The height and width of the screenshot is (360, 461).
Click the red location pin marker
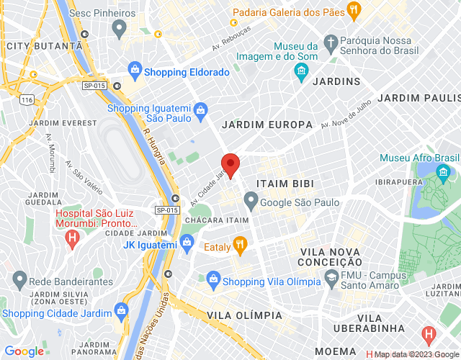[230, 165]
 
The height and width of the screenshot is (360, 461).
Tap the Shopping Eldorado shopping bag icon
[134, 71]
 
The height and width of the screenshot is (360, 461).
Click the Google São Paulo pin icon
[251, 199]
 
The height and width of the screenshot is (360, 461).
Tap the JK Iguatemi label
[150, 246]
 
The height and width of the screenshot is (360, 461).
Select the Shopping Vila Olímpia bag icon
[212, 278]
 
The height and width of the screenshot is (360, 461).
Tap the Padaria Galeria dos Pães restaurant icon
[353, 10]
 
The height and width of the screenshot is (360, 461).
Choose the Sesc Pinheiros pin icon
[120, 27]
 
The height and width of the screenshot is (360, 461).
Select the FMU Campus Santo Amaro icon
[331, 277]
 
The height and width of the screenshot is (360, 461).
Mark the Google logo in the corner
[24, 351]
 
